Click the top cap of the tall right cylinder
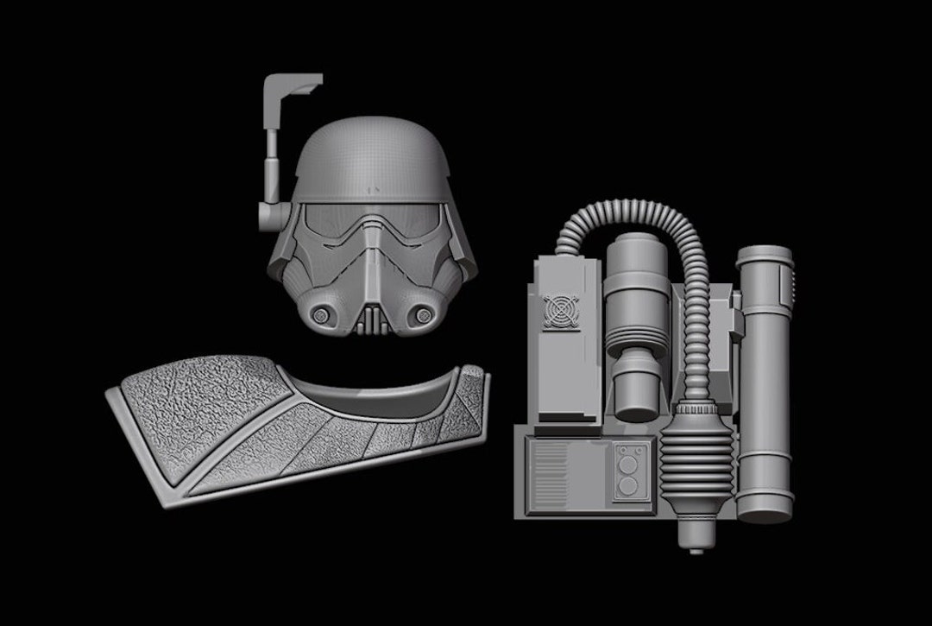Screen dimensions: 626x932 click(765, 256)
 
